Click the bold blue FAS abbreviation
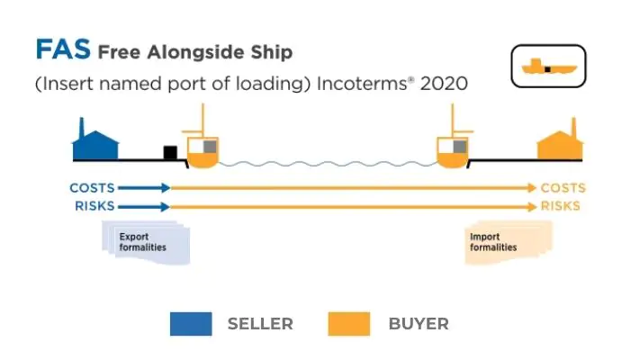point(62,50)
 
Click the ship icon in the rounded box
point(547,67)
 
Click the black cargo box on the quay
point(169,152)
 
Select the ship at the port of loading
point(202,148)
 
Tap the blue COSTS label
point(92,188)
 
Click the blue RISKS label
point(95,206)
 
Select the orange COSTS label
point(563,188)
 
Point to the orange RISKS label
point(560,206)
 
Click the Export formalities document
point(144,242)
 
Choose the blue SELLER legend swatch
point(191,323)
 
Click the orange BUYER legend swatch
point(348,323)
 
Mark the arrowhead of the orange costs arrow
point(532,188)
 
